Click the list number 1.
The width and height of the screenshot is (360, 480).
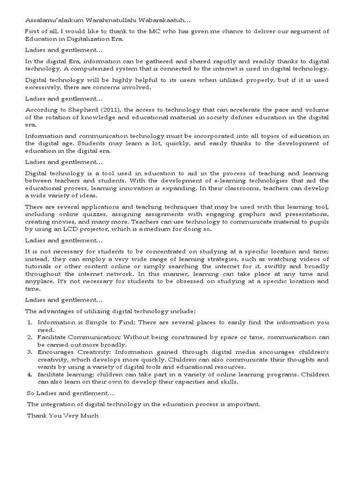pos(29,322)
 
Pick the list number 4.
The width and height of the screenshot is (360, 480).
pos(29,375)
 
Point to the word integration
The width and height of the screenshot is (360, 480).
pos(61,404)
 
